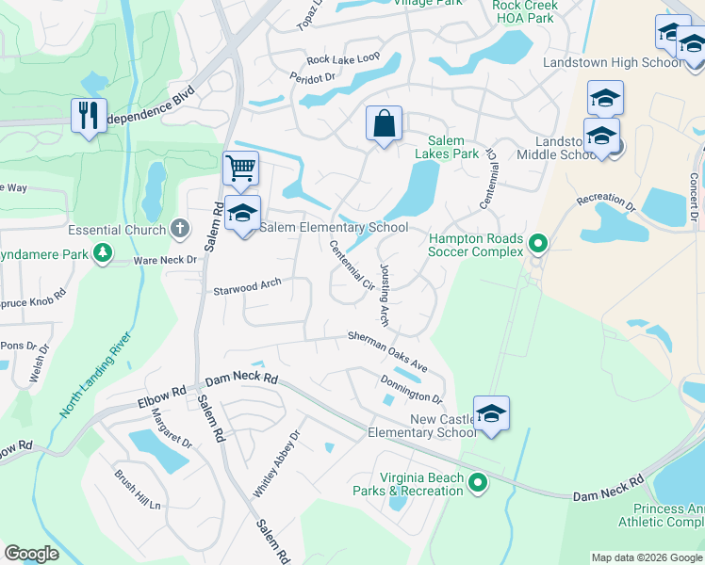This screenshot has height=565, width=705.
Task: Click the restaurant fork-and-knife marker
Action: pos(90,116)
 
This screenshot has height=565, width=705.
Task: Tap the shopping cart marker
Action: pos(240,169)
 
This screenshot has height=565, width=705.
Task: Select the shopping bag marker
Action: pos(384,122)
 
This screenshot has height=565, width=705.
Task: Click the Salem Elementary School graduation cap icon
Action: pos(242,213)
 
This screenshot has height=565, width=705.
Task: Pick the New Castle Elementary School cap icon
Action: pos(491,413)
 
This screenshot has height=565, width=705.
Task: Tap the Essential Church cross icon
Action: pos(180,229)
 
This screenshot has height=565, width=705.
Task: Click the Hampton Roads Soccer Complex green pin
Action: pos(537,245)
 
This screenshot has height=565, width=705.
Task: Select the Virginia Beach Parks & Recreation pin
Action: pos(478,484)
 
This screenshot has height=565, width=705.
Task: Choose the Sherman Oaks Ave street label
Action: pos(387,349)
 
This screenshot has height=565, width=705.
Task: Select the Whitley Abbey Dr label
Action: pos(276,463)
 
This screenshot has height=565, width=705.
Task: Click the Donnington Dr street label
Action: pos(411,388)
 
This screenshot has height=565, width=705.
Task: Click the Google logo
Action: pos(31,554)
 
